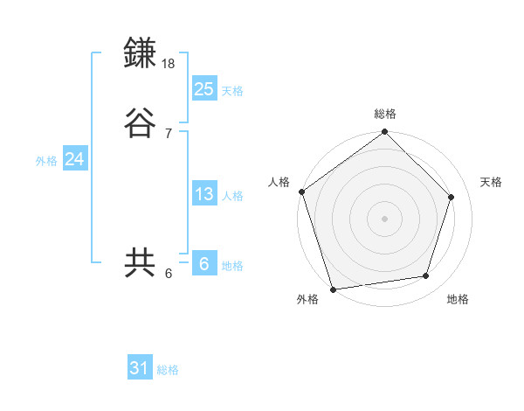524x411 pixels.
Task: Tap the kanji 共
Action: pyautogui.click(x=141, y=263)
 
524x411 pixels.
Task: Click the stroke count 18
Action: pyautogui.click(x=169, y=64)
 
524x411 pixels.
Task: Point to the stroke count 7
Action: pyautogui.click(x=169, y=134)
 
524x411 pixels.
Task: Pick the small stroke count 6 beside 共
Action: pyautogui.click(x=169, y=274)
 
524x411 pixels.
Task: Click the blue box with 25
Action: pyautogui.click(x=203, y=88)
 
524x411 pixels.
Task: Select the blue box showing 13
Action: pyautogui.click(x=203, y=194)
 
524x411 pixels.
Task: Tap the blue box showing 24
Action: pyautogui.click(x=74, y=159)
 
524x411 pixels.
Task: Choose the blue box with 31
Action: pyautogui.click(x=140, y=368)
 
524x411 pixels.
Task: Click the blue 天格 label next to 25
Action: pyautogui.click(x=232, y=91)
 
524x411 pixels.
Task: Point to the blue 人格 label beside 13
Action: pyautogui.click(x=232, y=196)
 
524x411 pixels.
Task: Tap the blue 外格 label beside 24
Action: pyautogui.click(x=46, y=161)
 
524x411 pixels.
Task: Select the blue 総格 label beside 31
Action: pyautogui.click(x=168, y=370)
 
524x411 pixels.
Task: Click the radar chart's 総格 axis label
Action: pyautogui.click(x=385, y=114)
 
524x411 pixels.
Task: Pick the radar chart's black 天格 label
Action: pyautogui.click(x=492, y=182)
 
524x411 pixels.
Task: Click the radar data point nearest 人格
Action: pyautogui.click(x=301, y=192)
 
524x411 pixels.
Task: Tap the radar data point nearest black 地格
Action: pyautogui.click(x=426, y=276)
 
